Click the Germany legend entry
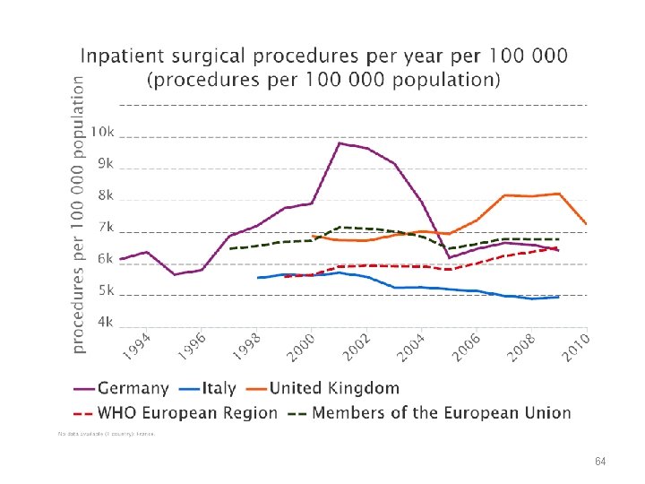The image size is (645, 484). point(133,388)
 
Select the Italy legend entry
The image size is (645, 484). point(218,388)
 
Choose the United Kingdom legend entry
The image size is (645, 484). point(334,388)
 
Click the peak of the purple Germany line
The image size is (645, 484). point(340,143)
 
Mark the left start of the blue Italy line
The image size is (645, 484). point(258,278)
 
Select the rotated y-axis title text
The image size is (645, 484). point(80,212)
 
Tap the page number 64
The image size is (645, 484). point(600,461)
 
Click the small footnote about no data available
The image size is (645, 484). point(106,434)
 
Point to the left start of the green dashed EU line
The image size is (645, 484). point(230,248)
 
